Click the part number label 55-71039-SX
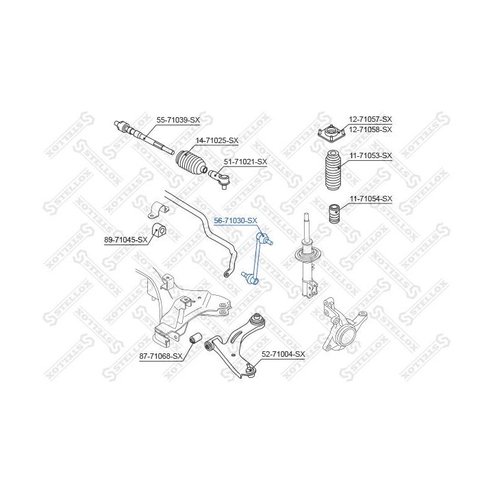[x=178, y=120]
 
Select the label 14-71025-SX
[x=217, y=140]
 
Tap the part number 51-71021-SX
[x=246, y=162]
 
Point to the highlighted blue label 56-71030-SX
[x=236, y=220]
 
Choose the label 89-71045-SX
[x=126, y=240]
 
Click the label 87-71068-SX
[x=161, y=356]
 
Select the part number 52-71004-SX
[x=283, y=353]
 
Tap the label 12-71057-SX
[x=370, y=119]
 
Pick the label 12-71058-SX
[x=370, y=129]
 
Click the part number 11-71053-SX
[x=370, y=155]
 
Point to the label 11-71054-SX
[x=370, y=199]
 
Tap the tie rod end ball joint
[x=223, y=180]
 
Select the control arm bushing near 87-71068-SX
[x=194, y=338]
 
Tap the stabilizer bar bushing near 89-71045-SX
[x=157, y=229]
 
